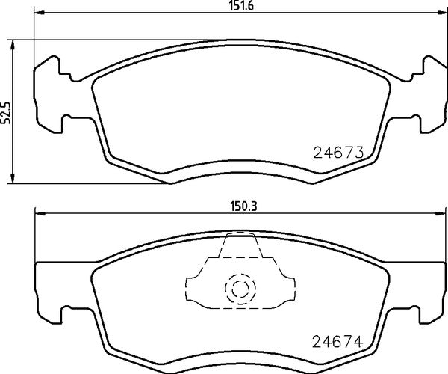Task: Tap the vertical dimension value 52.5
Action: pyautogui.click(x=6, y=111)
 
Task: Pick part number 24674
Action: pyautogui.click(x=337, y=343)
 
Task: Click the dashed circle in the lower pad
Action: pyautogui.click(x=239, y=289)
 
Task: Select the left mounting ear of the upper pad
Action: pyautogui.click(x=51, y=93)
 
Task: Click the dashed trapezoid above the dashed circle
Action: pyautogui.click(x=239, y=251)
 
